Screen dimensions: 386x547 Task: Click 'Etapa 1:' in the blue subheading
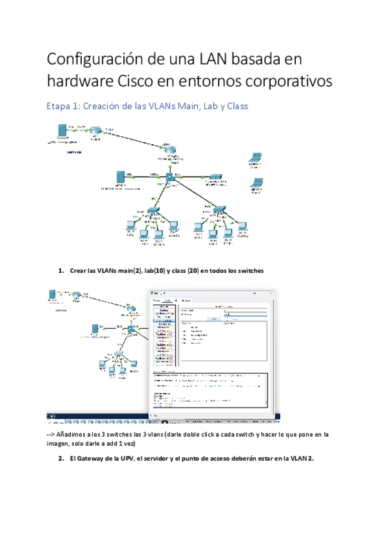[x=63, y=106]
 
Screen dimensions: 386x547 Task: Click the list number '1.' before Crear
[x=61, y=271]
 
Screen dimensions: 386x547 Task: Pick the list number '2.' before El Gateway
[x=61, y=459]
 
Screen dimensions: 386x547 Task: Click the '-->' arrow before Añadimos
[x=51, y=435]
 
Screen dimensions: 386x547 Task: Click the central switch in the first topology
[x=170, y=177]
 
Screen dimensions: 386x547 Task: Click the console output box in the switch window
[x=209, y=389]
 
